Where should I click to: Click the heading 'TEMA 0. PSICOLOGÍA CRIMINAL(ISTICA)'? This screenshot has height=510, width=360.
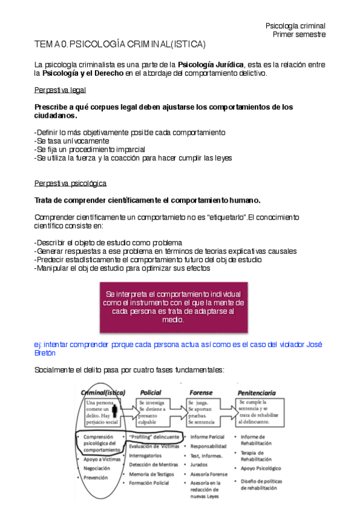[x=120, y=45]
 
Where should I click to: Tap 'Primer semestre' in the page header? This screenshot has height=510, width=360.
[x=299, y=34]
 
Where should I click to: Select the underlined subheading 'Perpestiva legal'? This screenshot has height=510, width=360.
[x=60, y=90]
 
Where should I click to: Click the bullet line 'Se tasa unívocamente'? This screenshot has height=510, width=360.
[x=72, y=140]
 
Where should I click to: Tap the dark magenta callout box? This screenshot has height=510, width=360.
[x=174, y=306]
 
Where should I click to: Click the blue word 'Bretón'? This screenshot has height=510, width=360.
[x=45, y=353]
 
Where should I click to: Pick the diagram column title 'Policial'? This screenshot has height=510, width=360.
[x=150, y=392]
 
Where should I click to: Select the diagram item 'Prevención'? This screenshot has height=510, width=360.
[x=96, y=478]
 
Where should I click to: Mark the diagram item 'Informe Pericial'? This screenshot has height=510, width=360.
[x=207, y=437]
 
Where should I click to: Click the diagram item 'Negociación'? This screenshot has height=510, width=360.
[x=98, y=468]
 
